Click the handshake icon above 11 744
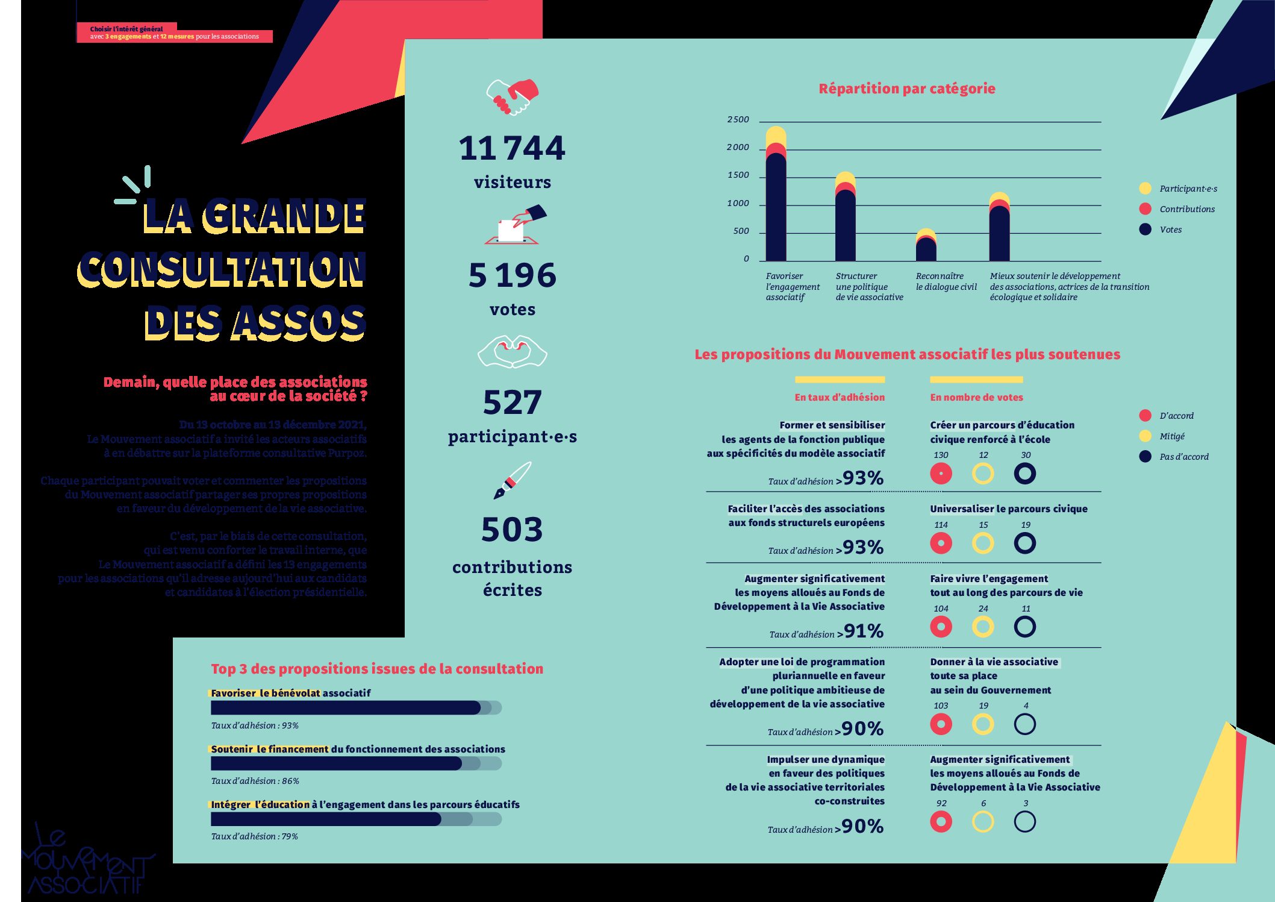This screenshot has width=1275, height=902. point(512,97)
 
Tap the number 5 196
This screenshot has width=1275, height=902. point(512,275)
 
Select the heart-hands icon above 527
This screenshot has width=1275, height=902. point(512,352)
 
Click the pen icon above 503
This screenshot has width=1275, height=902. point(512,480)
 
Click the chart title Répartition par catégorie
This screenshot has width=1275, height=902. point(906,89)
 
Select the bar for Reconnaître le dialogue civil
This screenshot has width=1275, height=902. point(926,247)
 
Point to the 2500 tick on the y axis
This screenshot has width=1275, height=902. point(738,120)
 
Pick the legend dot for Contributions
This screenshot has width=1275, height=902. point(1145,209)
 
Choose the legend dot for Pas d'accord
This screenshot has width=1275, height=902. point(1145,457)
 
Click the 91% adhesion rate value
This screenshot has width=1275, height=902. point(864,631)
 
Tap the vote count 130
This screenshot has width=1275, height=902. point(940,456)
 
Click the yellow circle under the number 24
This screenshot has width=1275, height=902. point(982,627)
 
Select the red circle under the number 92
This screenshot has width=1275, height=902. point(941,822)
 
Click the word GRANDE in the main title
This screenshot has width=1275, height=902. point(284,216)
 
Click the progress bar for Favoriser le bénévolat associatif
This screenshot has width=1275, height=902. point(355,708)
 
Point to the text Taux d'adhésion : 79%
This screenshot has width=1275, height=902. point(254,836)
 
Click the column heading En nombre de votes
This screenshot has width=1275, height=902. point(976,398)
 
